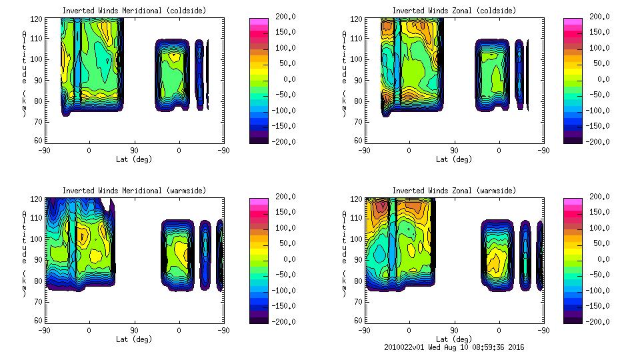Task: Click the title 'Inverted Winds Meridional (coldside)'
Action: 134,11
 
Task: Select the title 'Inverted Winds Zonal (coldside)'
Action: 454,11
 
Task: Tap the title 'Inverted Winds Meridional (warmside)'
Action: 134,191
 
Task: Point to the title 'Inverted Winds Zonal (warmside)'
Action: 454,191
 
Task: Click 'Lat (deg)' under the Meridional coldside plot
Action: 134,159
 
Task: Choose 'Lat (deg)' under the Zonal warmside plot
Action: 454,339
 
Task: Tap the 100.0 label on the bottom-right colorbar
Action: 595,228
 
